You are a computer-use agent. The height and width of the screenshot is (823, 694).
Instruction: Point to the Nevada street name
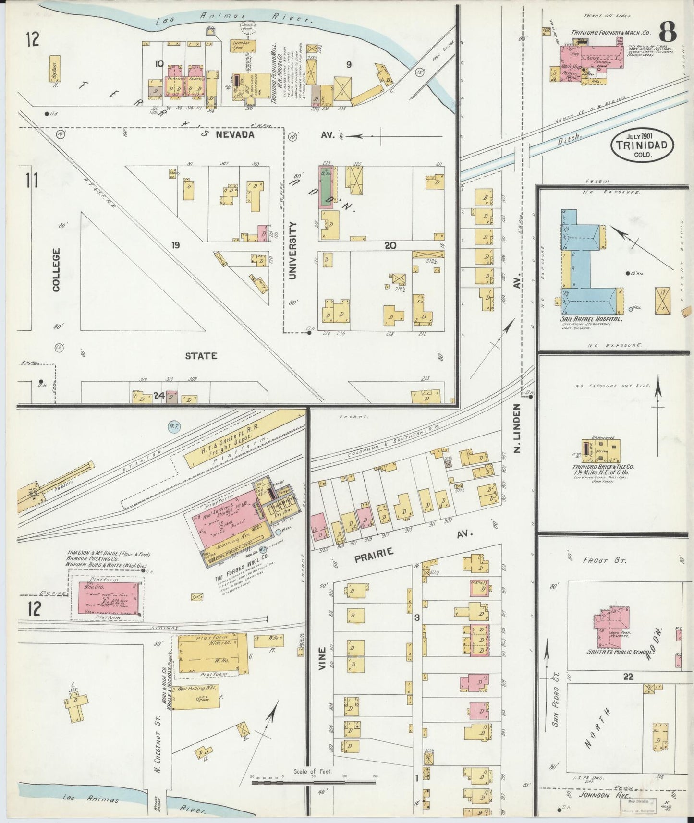pos(235,135)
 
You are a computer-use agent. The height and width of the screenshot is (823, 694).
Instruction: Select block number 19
pos(176,245)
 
